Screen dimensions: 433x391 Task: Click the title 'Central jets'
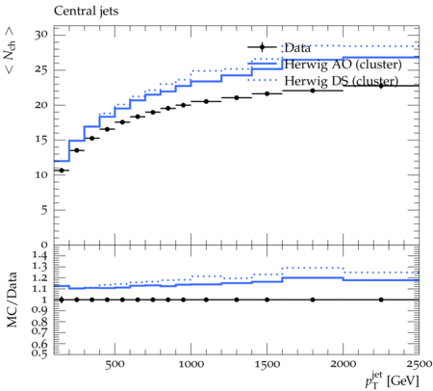(x=86, y=12)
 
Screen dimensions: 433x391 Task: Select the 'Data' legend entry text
(x=297, y=48)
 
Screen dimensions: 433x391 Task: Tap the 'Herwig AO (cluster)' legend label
(x=343, y=65)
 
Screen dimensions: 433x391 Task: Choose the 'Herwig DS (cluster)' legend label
(x=342, y=81)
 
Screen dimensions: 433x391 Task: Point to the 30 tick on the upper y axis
(x=41, y=35)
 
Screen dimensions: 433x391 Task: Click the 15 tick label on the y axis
(x=41, y=140)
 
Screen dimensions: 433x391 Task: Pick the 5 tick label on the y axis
(x=44, y=210)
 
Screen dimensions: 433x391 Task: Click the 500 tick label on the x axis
(x=115, y=364)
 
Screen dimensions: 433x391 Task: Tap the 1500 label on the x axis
(x=267, y=364)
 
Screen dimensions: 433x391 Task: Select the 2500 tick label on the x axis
(x=419, y=364)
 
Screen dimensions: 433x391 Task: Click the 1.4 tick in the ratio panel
(x=39, y=256)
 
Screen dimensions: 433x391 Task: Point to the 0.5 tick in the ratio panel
(x=39, y=353)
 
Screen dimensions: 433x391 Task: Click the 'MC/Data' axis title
(x=12, y=300)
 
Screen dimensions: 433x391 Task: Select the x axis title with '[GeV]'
(x=392, y=380)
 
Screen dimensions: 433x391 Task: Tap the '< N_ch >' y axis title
(x=10, y=50)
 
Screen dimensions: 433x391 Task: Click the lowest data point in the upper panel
(x=62, y=170)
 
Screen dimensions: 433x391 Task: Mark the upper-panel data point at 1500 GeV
(x=267, y=93)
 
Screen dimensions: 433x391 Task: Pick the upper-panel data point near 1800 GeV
(x=313, y=91)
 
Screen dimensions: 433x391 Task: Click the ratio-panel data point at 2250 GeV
(x=381, y=300)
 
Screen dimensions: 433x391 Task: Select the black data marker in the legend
(x=262, y=47)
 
